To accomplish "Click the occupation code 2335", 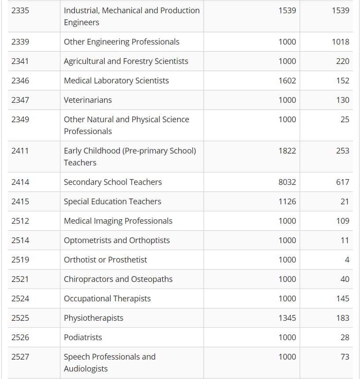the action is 20,10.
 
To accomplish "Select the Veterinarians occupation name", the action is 88,100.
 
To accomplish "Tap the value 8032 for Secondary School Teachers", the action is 287,182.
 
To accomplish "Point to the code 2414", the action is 20,182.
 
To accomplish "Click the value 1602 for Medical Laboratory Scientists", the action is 287,80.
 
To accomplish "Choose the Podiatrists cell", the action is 83,337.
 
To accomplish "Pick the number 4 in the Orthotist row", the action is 347,259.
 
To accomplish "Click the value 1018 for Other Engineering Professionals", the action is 341,41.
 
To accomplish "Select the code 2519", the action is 20,259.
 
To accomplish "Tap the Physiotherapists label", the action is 93,318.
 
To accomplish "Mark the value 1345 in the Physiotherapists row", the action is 287,318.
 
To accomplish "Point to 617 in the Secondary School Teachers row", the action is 342,182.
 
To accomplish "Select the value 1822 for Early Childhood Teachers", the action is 287,150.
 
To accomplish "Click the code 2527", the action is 20,356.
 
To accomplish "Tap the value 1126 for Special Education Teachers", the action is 287,201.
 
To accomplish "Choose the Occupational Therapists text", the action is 107,298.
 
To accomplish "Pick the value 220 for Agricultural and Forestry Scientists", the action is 342,61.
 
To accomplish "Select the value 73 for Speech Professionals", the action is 345,356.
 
